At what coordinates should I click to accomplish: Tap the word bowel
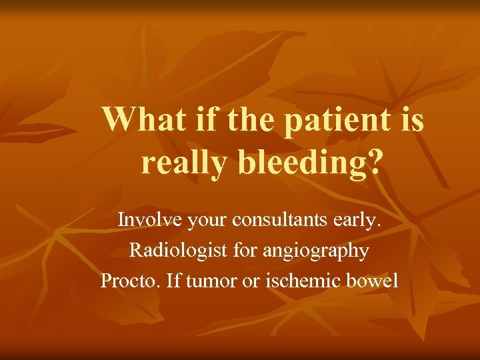pos(373,281)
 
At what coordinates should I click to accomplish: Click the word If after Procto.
pos(171,281)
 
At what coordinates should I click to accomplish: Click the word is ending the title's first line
pos(411,120)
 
